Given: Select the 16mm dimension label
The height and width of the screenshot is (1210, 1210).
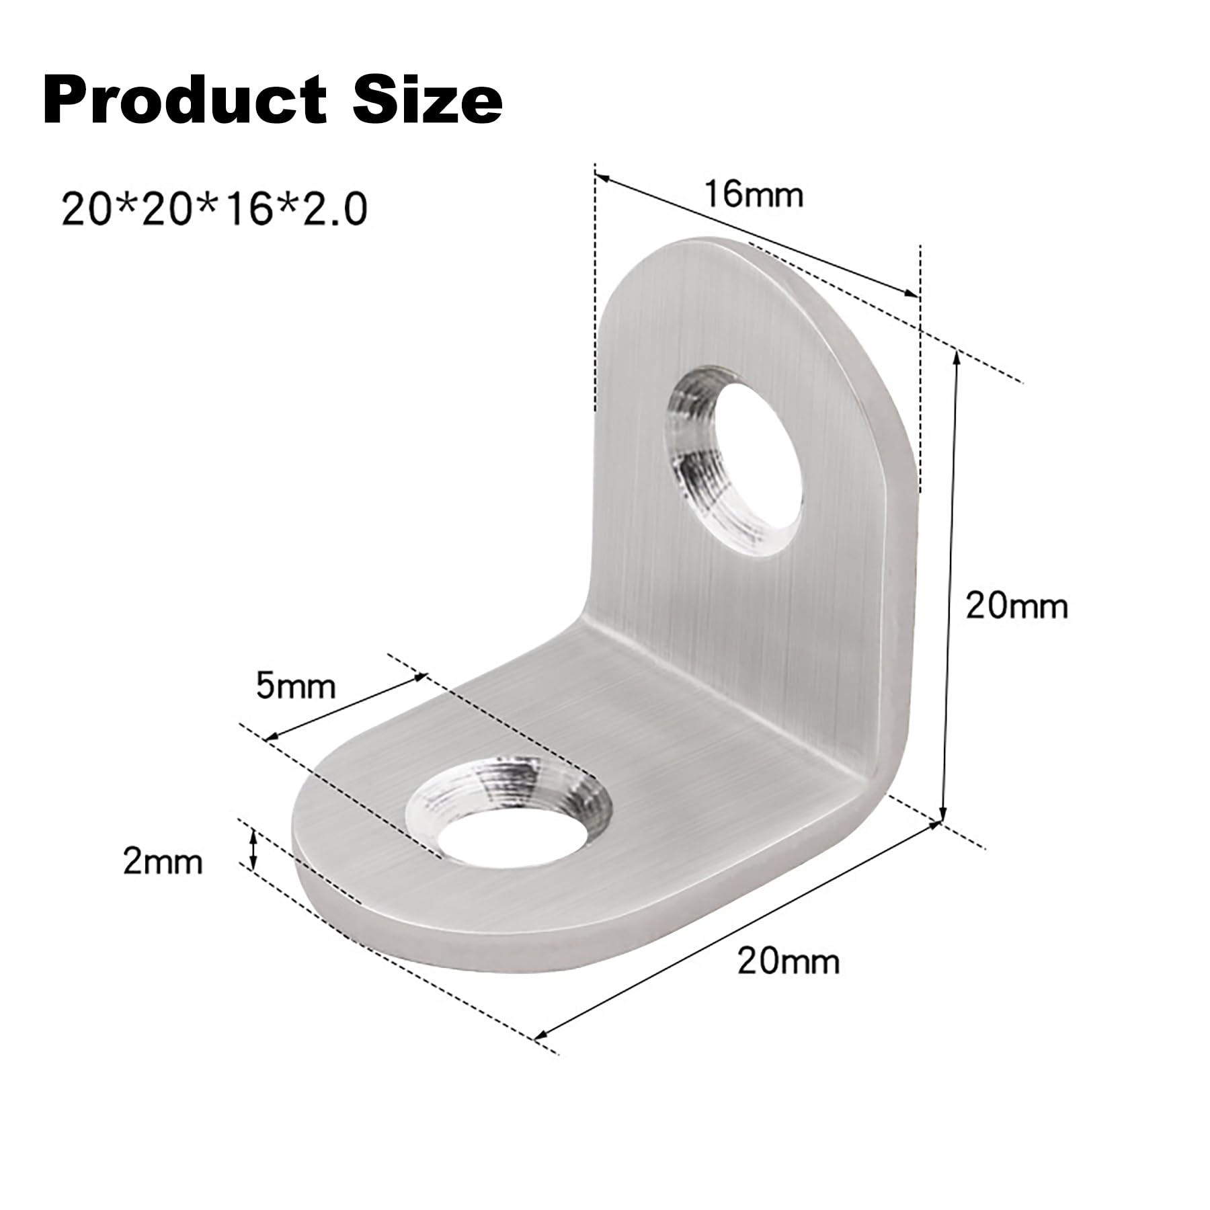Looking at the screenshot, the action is click(x=754, y=195).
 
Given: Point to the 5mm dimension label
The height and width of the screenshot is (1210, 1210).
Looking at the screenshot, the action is click(x=295, y=686).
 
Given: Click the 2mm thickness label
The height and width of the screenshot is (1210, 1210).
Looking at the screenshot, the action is click(x=163, y=861).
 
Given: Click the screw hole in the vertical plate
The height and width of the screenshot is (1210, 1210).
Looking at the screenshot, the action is click(x=735, y=461).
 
